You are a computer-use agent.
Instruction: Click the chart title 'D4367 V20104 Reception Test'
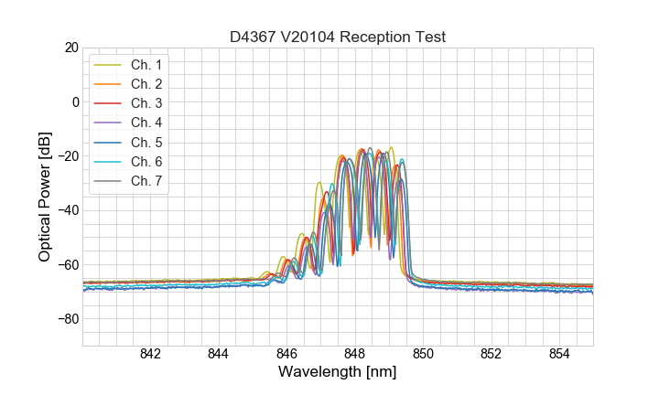[338, 37]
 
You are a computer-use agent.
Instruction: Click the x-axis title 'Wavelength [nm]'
[338, 372]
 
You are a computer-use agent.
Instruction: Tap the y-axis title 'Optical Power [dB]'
[45, 196]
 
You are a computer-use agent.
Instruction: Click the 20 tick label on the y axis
[70, 48]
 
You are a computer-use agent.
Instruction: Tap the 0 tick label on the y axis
[73, 101]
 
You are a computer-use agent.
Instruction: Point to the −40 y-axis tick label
[67, 210]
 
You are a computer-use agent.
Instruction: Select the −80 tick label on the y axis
[67, 319]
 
